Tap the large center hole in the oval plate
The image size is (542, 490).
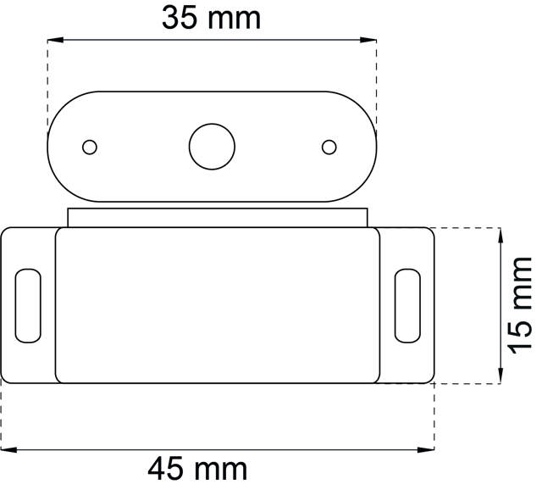click(212, 147)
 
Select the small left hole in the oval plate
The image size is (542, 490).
click(89, 147)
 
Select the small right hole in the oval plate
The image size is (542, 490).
click(329, 147)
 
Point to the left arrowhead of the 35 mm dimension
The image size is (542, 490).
click(53, 39)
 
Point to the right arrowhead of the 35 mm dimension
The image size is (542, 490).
click(370, 39)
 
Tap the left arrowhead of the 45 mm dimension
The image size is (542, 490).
click(7, 449)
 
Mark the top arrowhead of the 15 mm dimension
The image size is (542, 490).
click(501, 233)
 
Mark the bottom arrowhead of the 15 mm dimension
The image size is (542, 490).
click(501, 376)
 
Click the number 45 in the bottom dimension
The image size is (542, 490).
click(167, 468)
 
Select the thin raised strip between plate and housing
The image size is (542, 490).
click(218, 217)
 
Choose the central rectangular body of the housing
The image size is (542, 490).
click(218, 305)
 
